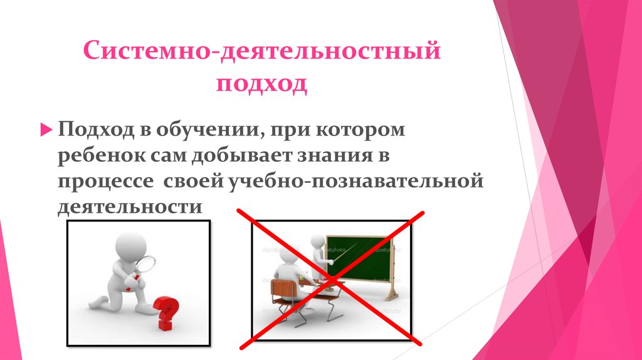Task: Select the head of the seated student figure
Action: click(x=289, y=257)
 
